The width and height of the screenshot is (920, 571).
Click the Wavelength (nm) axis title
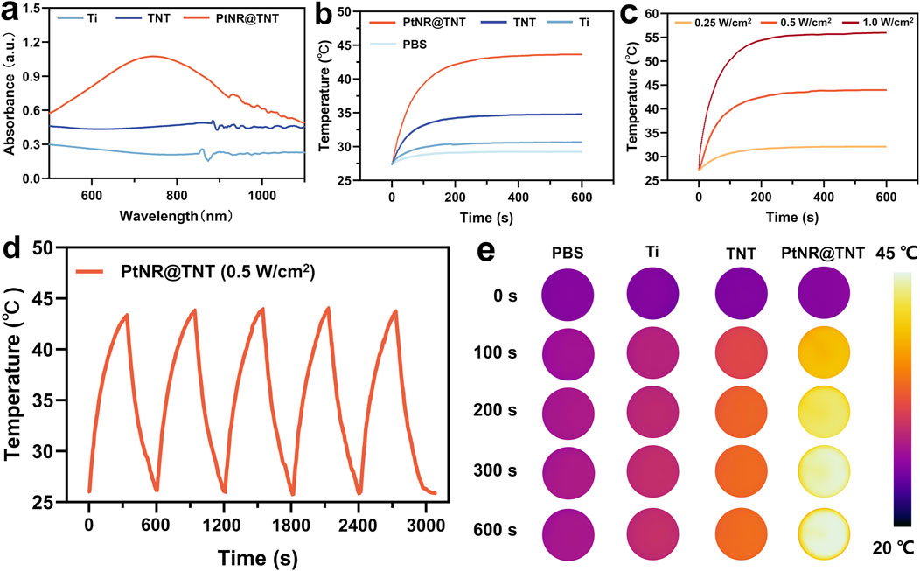click(x=176, y=217)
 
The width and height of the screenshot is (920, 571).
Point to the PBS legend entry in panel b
click(x=398, y=45)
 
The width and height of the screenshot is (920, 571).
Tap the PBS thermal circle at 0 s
click(x=568, y=294)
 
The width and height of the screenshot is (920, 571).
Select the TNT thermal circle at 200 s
click(x=741, y=412)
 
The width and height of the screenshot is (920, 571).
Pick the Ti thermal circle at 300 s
click(x=652, y=472)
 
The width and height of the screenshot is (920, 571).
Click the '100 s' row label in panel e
click(x=495, y=352)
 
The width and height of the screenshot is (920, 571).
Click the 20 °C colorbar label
click(x=893, y=548)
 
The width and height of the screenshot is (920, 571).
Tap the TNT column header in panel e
click(x=741, y=253)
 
